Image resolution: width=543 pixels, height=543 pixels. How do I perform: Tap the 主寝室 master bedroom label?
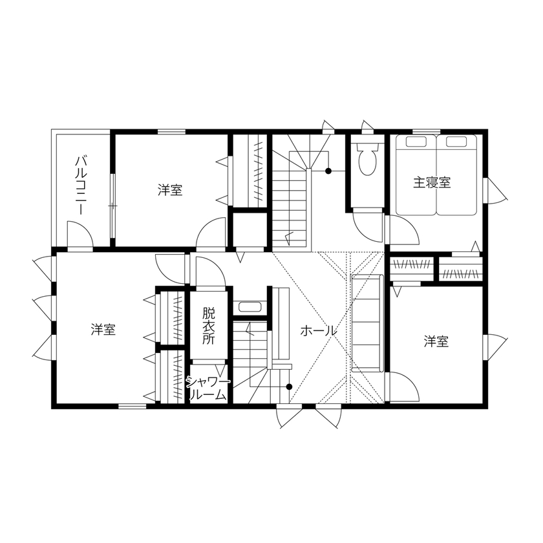[x=432, y=183]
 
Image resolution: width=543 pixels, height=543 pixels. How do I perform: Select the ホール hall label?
[x=318, y=330]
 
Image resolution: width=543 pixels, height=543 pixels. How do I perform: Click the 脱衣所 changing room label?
[x=208, y=326]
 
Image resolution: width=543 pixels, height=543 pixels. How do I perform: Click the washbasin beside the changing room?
[x=248, y=307]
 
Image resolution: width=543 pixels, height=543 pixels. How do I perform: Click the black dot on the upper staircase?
[x=328, y=171]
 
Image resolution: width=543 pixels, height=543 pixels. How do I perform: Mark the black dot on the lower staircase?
[x=289, y=387]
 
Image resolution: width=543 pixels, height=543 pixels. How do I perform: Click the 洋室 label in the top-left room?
[x=170, y=190]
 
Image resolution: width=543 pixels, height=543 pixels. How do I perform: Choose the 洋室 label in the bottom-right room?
[x=436, y=341]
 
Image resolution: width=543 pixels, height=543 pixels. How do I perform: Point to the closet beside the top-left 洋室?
[x=250, y=171]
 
